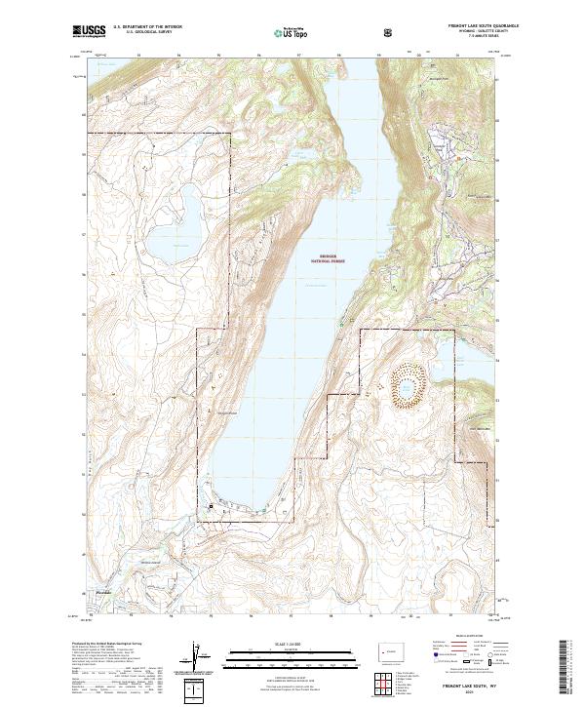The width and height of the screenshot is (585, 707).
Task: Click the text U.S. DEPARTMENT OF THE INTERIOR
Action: pyautogui.click(x=148, y=28)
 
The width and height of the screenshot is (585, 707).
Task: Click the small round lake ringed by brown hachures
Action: pyautogui.click(x=405, y=387)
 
